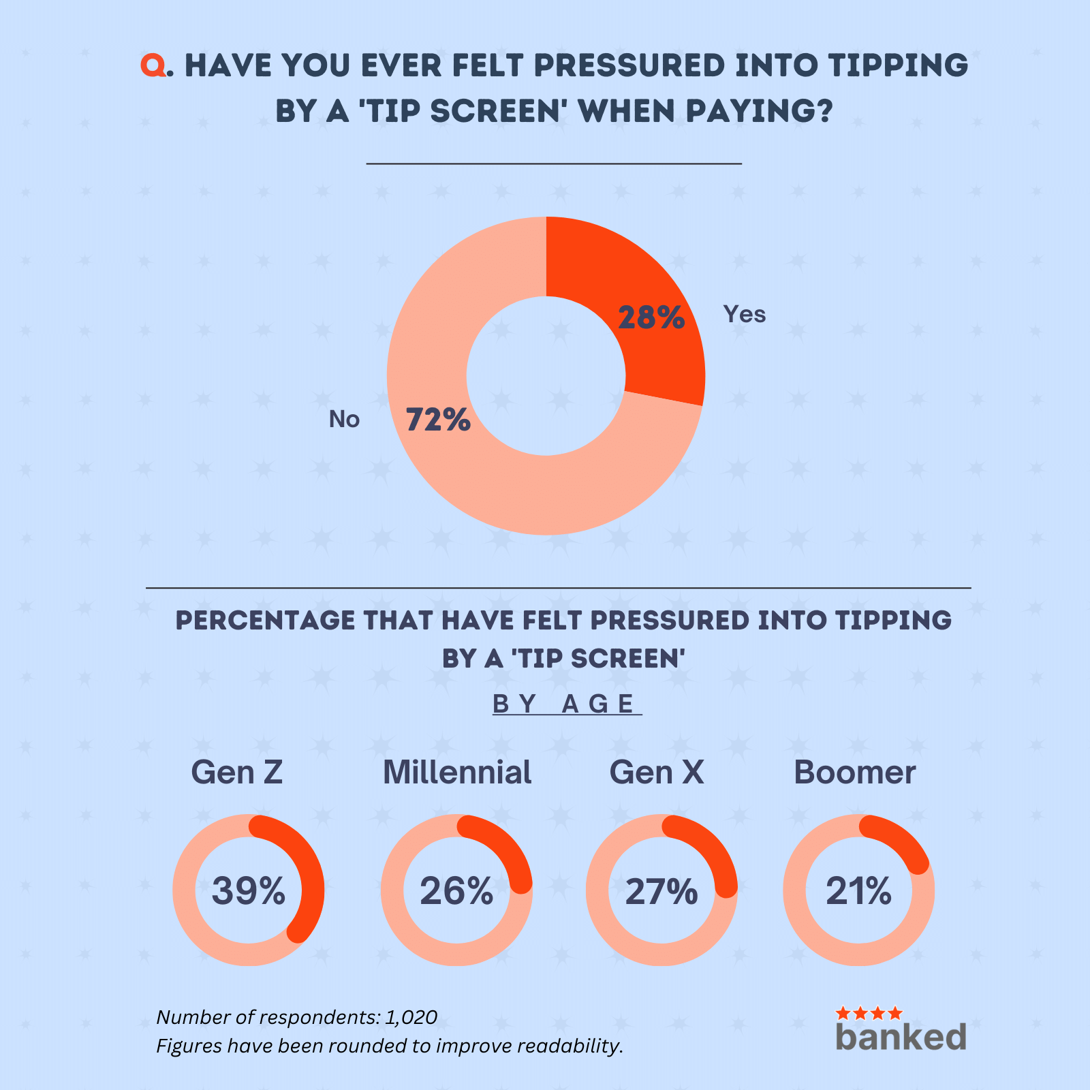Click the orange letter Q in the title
coord(153,65)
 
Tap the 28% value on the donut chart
coord(651,318)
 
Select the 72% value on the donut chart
coord(438,420)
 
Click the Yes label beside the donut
coord(745,314)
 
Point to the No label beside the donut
coord(344,419)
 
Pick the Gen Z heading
coord(236,773)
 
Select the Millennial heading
coord(457,773)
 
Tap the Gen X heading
coord(657,773)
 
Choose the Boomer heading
coord(854,773)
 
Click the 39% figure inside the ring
coord(248,891)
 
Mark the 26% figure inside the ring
coord(456,891)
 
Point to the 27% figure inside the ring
coord(661,891)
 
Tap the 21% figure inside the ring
coord(858,891)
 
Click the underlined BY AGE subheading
coord(567,704)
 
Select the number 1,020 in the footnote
coord(411,1017)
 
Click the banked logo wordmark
coord(901,1036)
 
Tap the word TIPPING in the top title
coord(898,65)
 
